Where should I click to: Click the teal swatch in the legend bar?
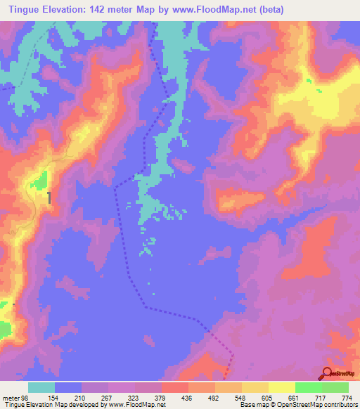click(41, 387)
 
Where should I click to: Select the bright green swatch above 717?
click(309, 387)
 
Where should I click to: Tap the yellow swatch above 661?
click(282, 387)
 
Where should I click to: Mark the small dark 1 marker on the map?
click(49, 198)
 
